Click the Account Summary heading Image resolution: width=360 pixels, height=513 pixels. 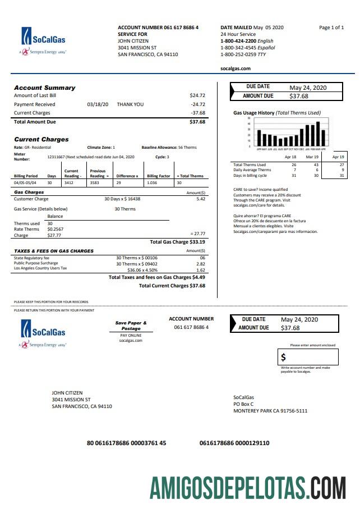point(44,88)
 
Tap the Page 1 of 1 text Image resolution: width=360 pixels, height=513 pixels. point(331,28)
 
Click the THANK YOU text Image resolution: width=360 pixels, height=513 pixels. point(130,104)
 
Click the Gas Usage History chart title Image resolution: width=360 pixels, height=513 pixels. point(277,113)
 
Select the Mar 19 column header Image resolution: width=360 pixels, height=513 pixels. point(312,157)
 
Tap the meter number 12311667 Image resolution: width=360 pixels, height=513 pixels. point(56,157)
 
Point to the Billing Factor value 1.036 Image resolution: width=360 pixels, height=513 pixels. point(151,183)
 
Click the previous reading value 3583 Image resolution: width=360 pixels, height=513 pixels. point(97,183)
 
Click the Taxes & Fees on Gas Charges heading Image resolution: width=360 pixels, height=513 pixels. point(54,251)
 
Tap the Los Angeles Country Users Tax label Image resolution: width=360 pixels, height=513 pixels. point(40,268)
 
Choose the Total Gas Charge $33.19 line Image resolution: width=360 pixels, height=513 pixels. point(177,242)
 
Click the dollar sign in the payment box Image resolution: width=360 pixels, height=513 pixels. point(284,358)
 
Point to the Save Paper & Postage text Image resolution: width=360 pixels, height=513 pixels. point(131,326)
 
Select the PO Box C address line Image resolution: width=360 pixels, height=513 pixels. point(243,404)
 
